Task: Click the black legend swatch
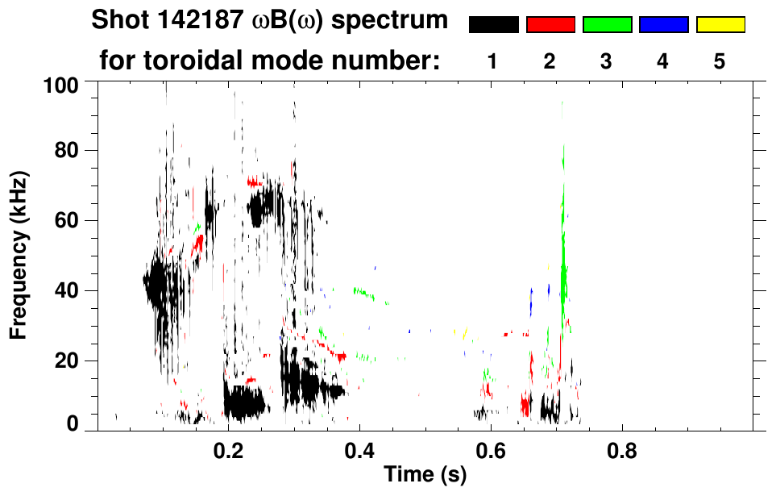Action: [493, 25]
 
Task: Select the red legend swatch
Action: [550, 25]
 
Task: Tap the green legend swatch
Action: [607, 25]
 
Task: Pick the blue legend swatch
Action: [663, 25]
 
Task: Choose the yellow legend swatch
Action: [720, 25]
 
